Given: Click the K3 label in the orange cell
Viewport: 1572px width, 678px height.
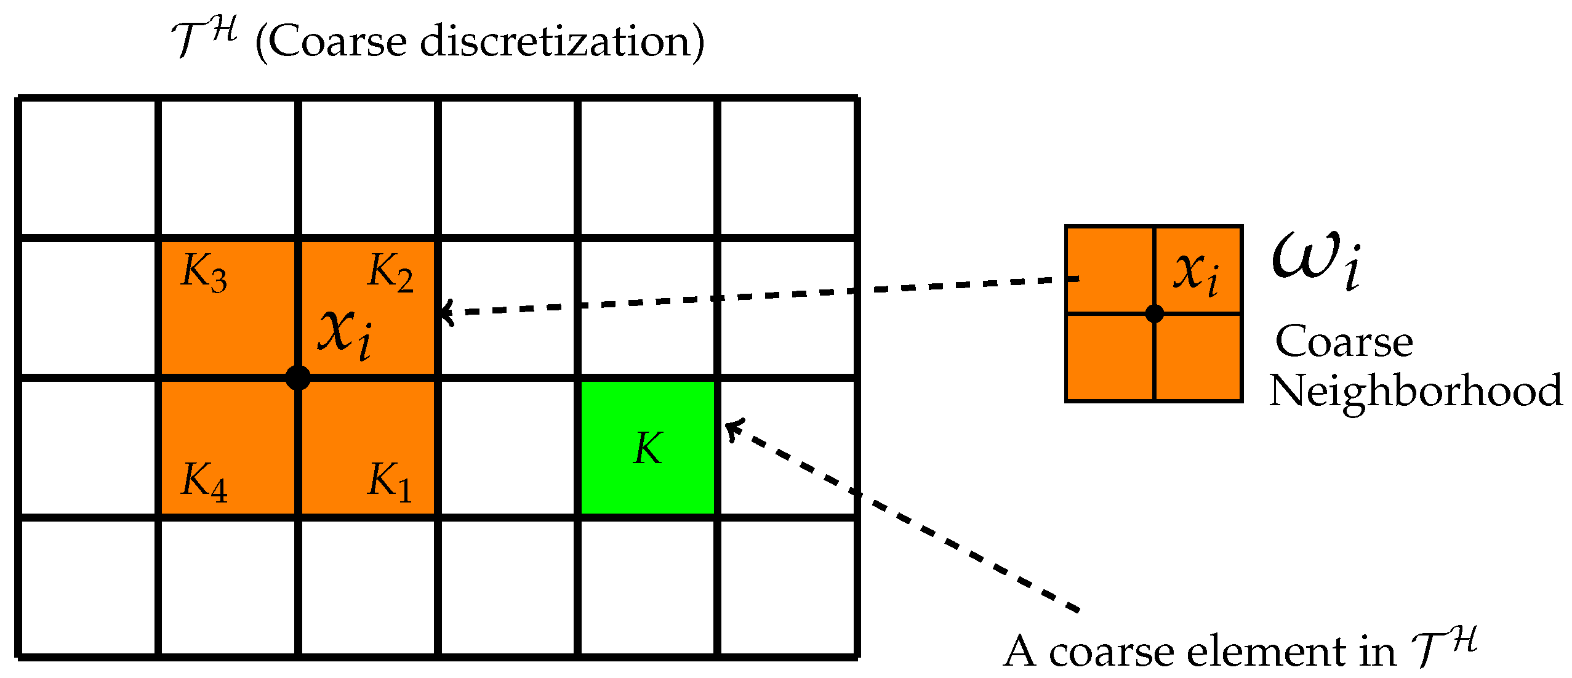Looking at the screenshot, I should pos(204,272).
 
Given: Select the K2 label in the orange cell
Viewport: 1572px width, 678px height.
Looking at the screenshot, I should pos(390,272).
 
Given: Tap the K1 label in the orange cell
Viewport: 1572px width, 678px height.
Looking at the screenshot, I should pos(389,481).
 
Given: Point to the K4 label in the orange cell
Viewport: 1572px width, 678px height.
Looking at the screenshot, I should pos(204,481).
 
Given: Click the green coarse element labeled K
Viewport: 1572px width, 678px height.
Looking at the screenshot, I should pos(648,448).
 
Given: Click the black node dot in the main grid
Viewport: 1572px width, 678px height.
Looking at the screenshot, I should pos(298,377).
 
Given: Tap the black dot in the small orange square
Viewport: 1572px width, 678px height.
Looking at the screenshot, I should pos(1154,313).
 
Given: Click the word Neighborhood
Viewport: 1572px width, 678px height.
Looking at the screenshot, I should pos(1416,391).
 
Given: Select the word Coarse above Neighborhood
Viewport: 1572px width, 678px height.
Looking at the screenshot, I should pos(1344,342).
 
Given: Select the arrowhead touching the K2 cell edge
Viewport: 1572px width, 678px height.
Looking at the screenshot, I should pos(444,312).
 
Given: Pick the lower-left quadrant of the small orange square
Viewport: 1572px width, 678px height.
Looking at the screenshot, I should pos(1110,357).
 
